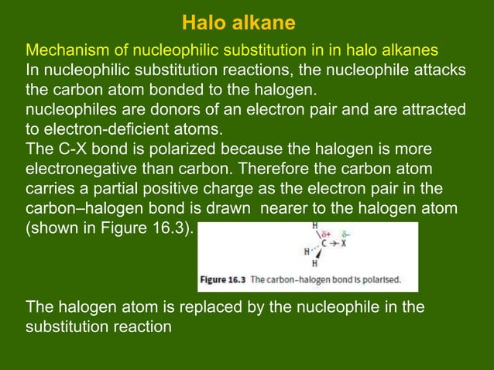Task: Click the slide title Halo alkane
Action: pos(238,21)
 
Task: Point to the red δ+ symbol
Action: pos(327,231)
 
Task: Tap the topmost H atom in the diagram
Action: pos(315,226)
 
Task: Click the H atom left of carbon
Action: pos(307,252)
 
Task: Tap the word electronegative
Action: pos(87,168)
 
